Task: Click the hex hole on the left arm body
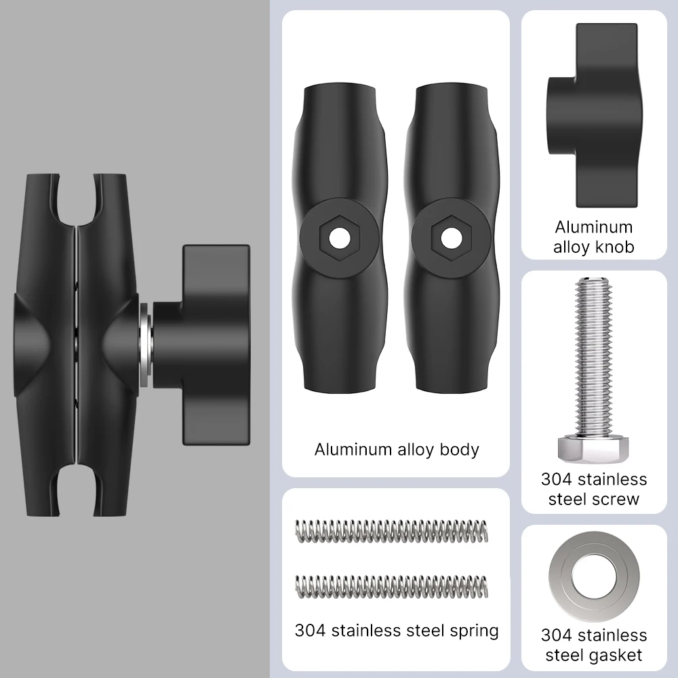coord(340,238)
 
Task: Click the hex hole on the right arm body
coord(452,238)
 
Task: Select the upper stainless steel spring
coord(392,531)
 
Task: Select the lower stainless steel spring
coord(392,586)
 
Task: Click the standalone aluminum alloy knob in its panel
coord(593,115)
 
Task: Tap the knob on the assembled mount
coord(201,344)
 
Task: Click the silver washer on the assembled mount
coord(145,344)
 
